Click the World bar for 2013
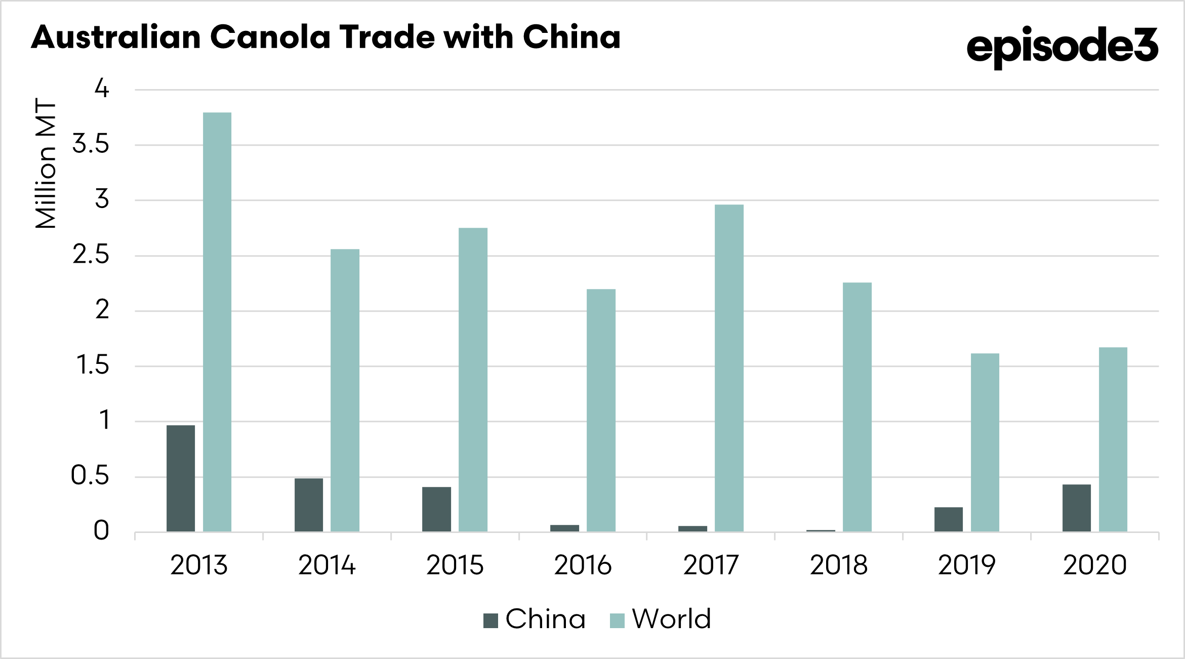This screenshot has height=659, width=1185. pos(217,322)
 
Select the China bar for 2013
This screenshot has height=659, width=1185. pos(181,478)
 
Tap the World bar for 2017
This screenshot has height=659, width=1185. pos(729,368)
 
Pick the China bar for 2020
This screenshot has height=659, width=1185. pos(1076,508)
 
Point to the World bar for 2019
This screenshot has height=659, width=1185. pos(985,442)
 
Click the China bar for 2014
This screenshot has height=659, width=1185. pos(309,505)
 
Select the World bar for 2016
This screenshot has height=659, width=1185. pos(601,410)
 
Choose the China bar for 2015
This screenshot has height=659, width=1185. pos(436,509)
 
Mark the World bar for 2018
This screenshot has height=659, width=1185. pos(857,407)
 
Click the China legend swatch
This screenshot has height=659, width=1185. pos(491,620)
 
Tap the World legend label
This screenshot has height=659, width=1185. pos(671,619)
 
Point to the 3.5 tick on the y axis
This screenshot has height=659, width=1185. pos(91,145)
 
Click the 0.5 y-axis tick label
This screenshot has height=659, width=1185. pos(90,476)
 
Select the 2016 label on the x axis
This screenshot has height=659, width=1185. pos(583,565)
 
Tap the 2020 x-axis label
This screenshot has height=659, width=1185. pos(1094,565)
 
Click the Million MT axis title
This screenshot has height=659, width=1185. pos(46,163)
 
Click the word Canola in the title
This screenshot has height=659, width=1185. pos(270,37)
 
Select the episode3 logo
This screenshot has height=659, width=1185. pos(1061,47)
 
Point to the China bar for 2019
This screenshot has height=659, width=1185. pos(948,519)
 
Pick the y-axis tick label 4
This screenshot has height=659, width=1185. pos(102,89)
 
